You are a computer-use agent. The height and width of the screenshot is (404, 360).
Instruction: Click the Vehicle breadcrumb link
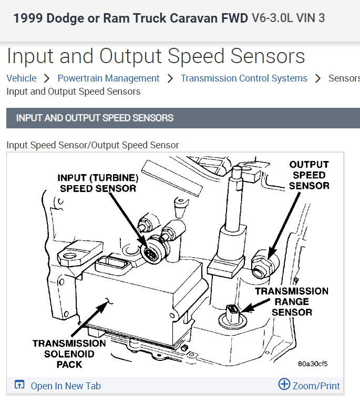[22, 78]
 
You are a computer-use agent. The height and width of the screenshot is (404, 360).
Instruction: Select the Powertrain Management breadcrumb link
[108, 78]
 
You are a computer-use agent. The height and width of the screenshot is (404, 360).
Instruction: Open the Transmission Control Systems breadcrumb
[244, 78]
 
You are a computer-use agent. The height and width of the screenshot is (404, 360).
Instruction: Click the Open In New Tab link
[65, 386]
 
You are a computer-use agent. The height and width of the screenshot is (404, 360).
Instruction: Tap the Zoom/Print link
[316, 386]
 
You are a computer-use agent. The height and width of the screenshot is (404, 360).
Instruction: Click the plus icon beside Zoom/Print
[284, 385]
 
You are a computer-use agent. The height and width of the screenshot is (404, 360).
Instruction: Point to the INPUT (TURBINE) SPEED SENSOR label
[98, 183]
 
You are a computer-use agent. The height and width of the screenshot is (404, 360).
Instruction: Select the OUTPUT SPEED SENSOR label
[309, 175]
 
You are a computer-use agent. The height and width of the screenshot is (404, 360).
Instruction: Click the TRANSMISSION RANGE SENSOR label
[292, 301]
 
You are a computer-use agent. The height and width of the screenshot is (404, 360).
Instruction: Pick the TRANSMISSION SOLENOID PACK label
[69, 353]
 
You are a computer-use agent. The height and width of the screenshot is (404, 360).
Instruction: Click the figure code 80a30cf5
[312, 363]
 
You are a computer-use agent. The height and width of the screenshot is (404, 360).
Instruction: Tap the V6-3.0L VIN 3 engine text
[288, 18]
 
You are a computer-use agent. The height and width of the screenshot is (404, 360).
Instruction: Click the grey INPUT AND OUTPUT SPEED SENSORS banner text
[95, 118]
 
